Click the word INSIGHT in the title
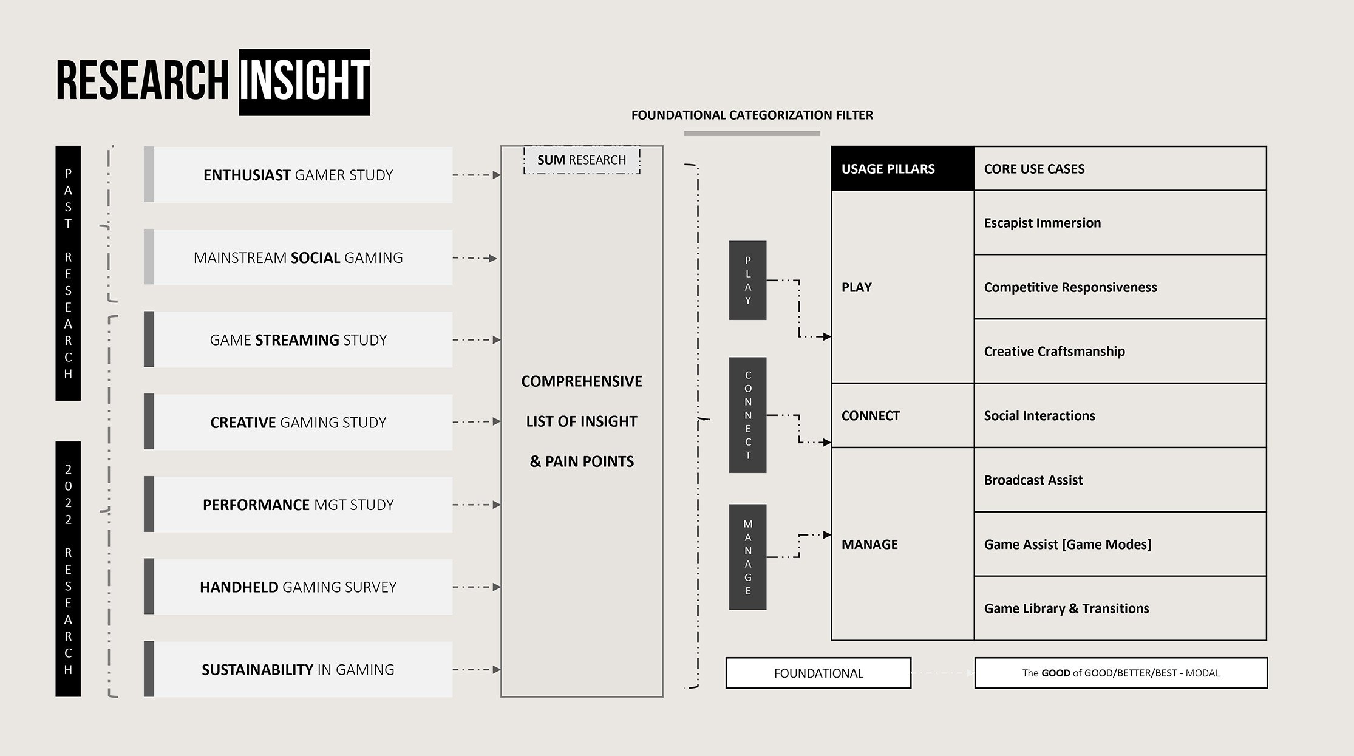pyautogui.click(x=304, y=82)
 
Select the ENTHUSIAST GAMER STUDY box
pyautogui.click(x=298, y=175)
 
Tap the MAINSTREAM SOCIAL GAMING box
pyautogui.click(x=298, y=257)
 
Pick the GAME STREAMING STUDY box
pyautogui.click(x=298, y=339)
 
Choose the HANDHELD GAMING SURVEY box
pyautogui.click(x=298, y=587)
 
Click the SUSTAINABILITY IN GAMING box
pyautogui.click(x=298, y=669)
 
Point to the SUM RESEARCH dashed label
pyautogui.click(x=582, y=160)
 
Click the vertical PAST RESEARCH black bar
pyautogui.click(x=68, y=273)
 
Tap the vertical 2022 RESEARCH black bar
pyautogui.click(x=68, y=568)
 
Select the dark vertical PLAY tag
pyautogui.click(x=747, y=280)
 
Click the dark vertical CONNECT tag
pyautogui.click(x=747, y=415)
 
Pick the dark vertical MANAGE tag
pyautogui.click(x=747, y=557)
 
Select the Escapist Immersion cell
pyautogui.click(x=1120, y=223)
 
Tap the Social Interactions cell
pyautogui.click(x=1120, y=415)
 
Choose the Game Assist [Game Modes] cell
pyautogui.click(x=1120, y=544)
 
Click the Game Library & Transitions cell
pyautogui.click(x=1120, y=608)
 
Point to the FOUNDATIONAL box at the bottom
pyautogui.click(x=818, y=673)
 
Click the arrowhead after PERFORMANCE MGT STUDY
pyautogui.click(x=497, y=505)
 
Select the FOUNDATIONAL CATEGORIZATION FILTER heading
pyautogui.click(x=752, y=115)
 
